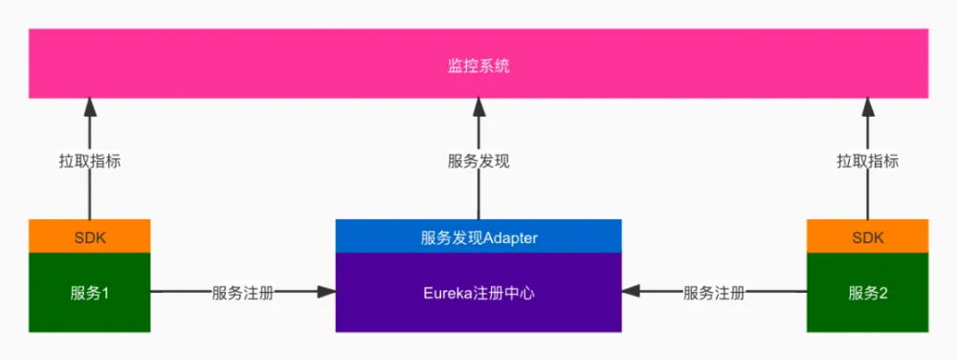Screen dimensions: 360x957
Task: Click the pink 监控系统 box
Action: point(287,64)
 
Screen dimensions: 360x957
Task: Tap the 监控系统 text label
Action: point(478,66)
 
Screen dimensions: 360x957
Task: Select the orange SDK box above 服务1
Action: point(89,236)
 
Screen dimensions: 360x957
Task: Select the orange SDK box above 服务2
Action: point(867,236)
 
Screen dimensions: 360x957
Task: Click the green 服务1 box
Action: point(89,293)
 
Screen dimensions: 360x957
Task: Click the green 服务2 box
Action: point(867,293)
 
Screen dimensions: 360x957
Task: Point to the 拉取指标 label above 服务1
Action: point(90,162)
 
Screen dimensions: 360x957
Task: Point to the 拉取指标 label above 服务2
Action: point(868,162)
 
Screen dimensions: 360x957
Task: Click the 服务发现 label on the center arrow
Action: point(478,162)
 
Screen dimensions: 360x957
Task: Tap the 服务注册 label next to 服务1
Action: point(242,293)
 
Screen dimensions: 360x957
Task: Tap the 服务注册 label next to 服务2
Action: point(714,293)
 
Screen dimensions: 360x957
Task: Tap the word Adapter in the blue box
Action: point(511,237)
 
